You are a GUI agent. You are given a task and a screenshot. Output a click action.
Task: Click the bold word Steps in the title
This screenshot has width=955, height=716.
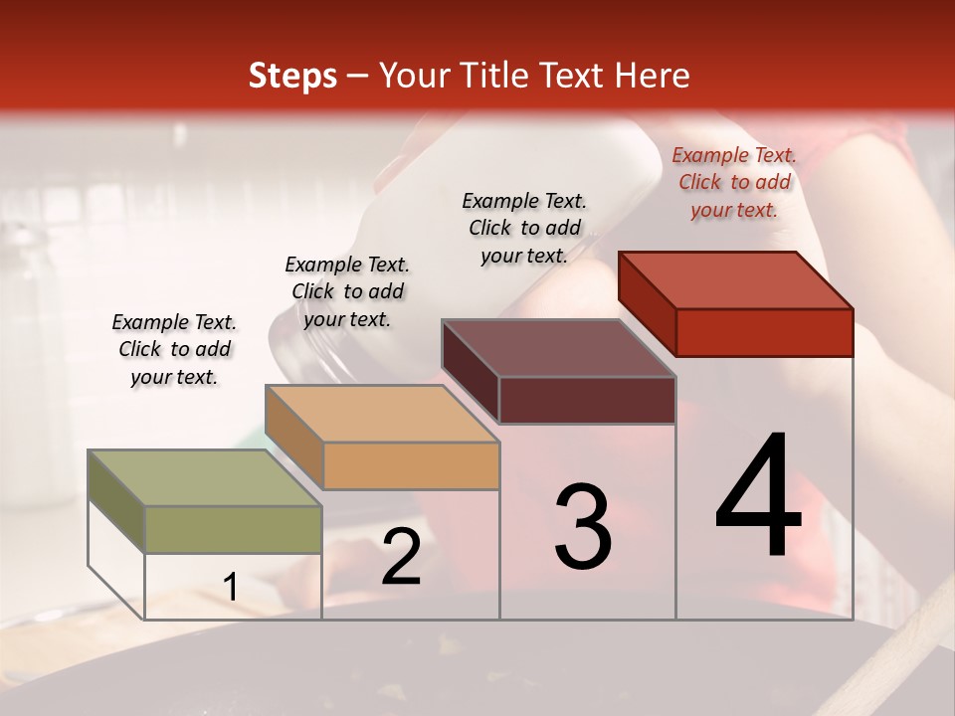292,76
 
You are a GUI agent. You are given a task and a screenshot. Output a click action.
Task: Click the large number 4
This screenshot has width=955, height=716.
758,497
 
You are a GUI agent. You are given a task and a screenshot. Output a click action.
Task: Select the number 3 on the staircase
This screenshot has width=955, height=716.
583,527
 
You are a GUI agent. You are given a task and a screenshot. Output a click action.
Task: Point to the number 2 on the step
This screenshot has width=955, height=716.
401,558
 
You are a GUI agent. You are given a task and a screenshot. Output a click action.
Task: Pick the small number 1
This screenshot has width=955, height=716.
231,588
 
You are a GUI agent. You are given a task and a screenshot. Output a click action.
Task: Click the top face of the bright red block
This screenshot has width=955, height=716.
736,279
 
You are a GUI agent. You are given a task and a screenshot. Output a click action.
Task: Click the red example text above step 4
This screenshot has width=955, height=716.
734,182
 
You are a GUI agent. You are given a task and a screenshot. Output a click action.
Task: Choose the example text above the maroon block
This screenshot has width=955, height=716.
524,228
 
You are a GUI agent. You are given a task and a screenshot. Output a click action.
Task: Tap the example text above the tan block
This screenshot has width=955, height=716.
347,291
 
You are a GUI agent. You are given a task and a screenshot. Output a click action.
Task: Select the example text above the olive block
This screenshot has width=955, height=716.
174,349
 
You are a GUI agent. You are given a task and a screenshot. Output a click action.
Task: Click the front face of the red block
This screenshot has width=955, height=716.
764,332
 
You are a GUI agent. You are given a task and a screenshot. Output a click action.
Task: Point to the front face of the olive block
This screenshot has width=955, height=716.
233,529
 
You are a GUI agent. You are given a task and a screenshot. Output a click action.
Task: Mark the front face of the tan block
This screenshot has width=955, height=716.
411,465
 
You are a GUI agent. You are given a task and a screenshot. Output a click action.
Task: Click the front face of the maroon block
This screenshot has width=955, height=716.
587,400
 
